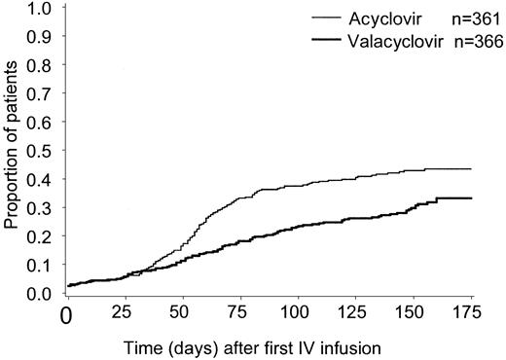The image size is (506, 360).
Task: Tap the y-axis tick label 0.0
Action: click(39, 293)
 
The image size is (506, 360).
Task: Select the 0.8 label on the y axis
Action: click(39, 65)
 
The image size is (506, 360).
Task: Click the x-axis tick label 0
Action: click(66, 315)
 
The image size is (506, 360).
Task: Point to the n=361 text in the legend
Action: click(461, 17)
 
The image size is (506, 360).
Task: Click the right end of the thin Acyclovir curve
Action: click(471, 169)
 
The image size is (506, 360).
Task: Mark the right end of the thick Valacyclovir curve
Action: click(471, 198)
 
